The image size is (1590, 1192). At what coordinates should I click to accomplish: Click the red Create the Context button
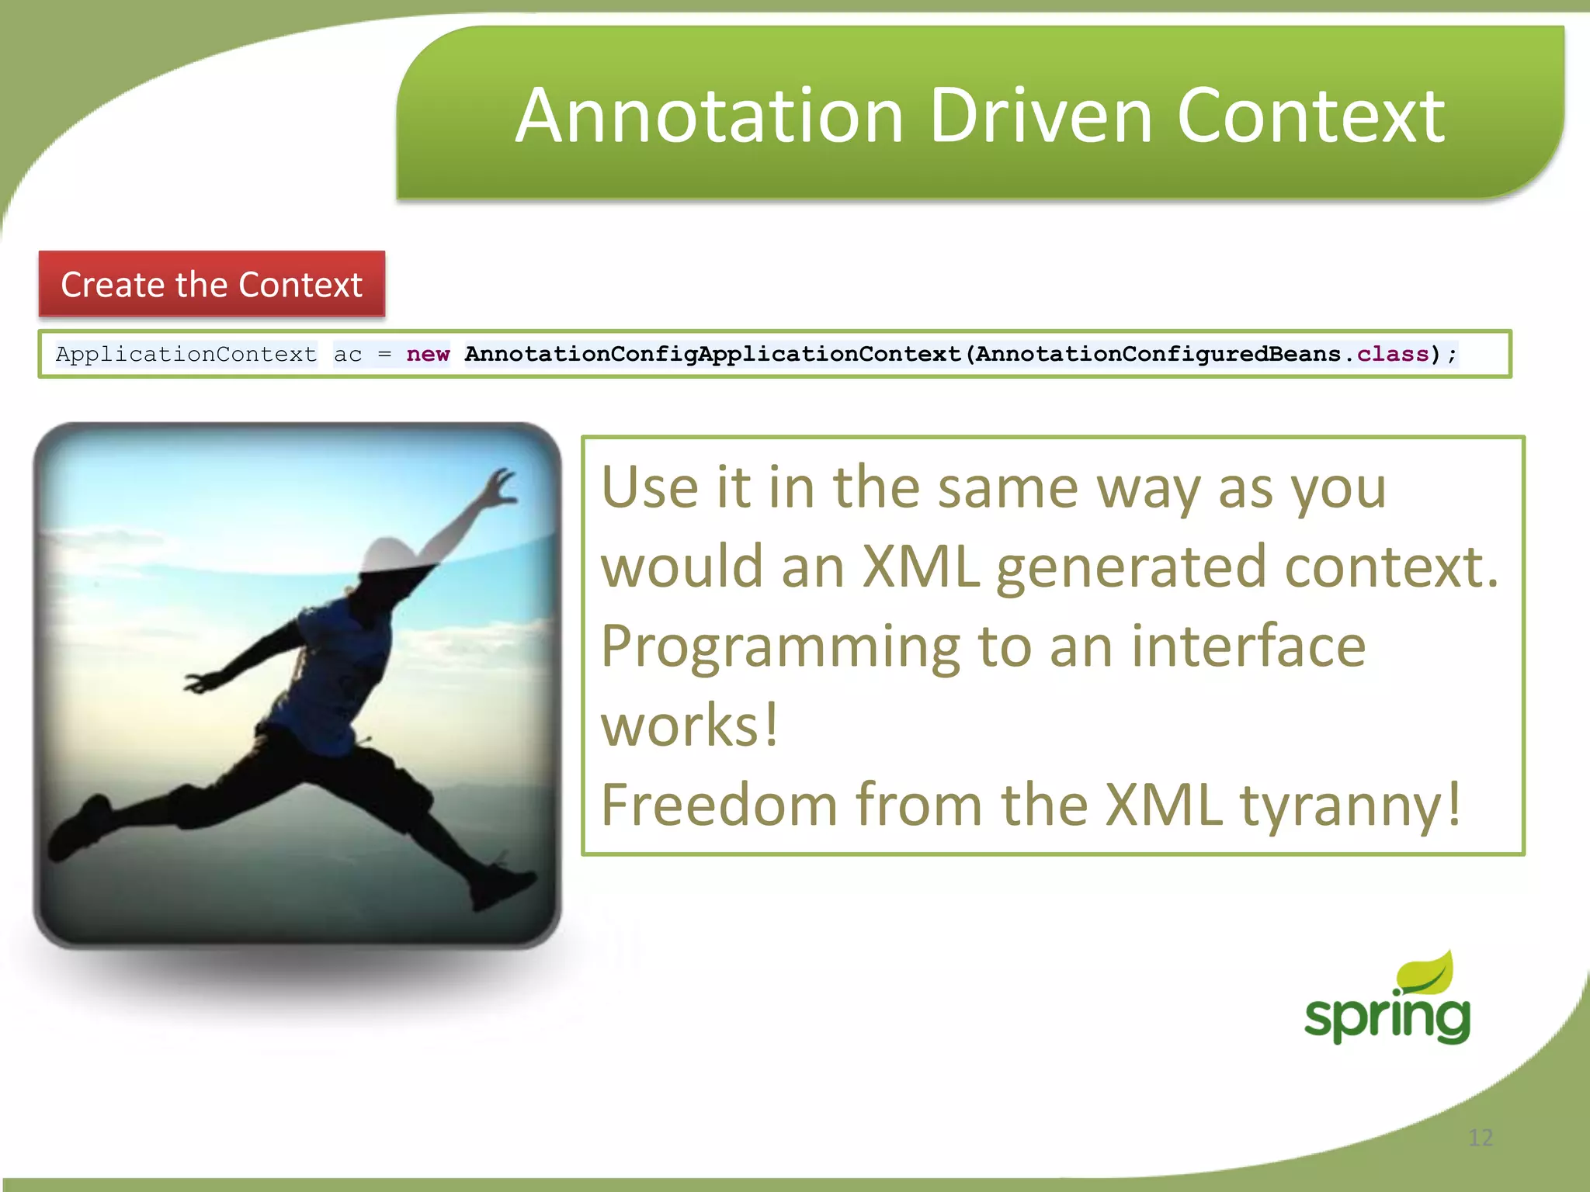point(212,284)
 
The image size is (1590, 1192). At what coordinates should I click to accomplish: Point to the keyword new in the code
point(428,355)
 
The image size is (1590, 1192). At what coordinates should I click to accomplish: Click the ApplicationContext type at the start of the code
point(186,355)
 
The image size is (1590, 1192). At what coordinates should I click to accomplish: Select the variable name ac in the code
point(348,355)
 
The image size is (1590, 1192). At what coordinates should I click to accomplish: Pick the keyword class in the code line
point(1393,355)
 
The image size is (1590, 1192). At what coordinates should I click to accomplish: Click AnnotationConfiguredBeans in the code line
point(1158,355)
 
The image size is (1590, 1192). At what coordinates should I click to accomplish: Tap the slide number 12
point(1481,1138)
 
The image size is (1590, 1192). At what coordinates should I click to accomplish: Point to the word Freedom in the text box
point(719,805)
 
